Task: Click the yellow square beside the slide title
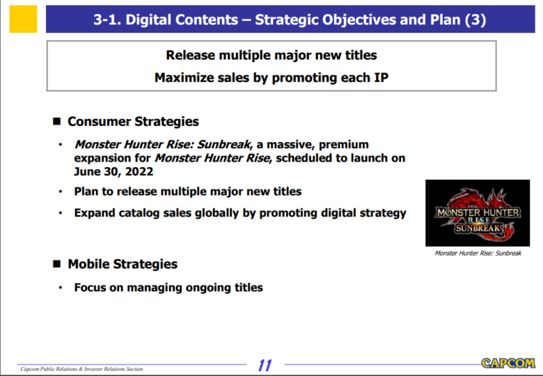(x=23, y=19)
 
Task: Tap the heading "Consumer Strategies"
(x=134, y=122)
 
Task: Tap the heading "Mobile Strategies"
(x=123, y=264)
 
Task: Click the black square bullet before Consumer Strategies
(x=57, y=121)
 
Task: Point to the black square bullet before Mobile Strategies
(x=57, y=264)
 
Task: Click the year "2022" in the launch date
(x=139, y=172)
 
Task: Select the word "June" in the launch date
(x=86, y=172)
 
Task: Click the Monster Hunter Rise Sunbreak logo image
(x=478, y=213)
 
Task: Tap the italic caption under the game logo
(x=478, y=253)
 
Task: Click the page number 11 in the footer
(x=265, y=366)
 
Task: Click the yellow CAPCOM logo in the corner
(x=508, y=363)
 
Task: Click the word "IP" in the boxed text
(x=381, y=78)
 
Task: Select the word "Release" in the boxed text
(x=191, y=56)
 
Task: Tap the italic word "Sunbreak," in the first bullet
(x=225, y=144)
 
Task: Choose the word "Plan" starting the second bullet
(x=86, y=191)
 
